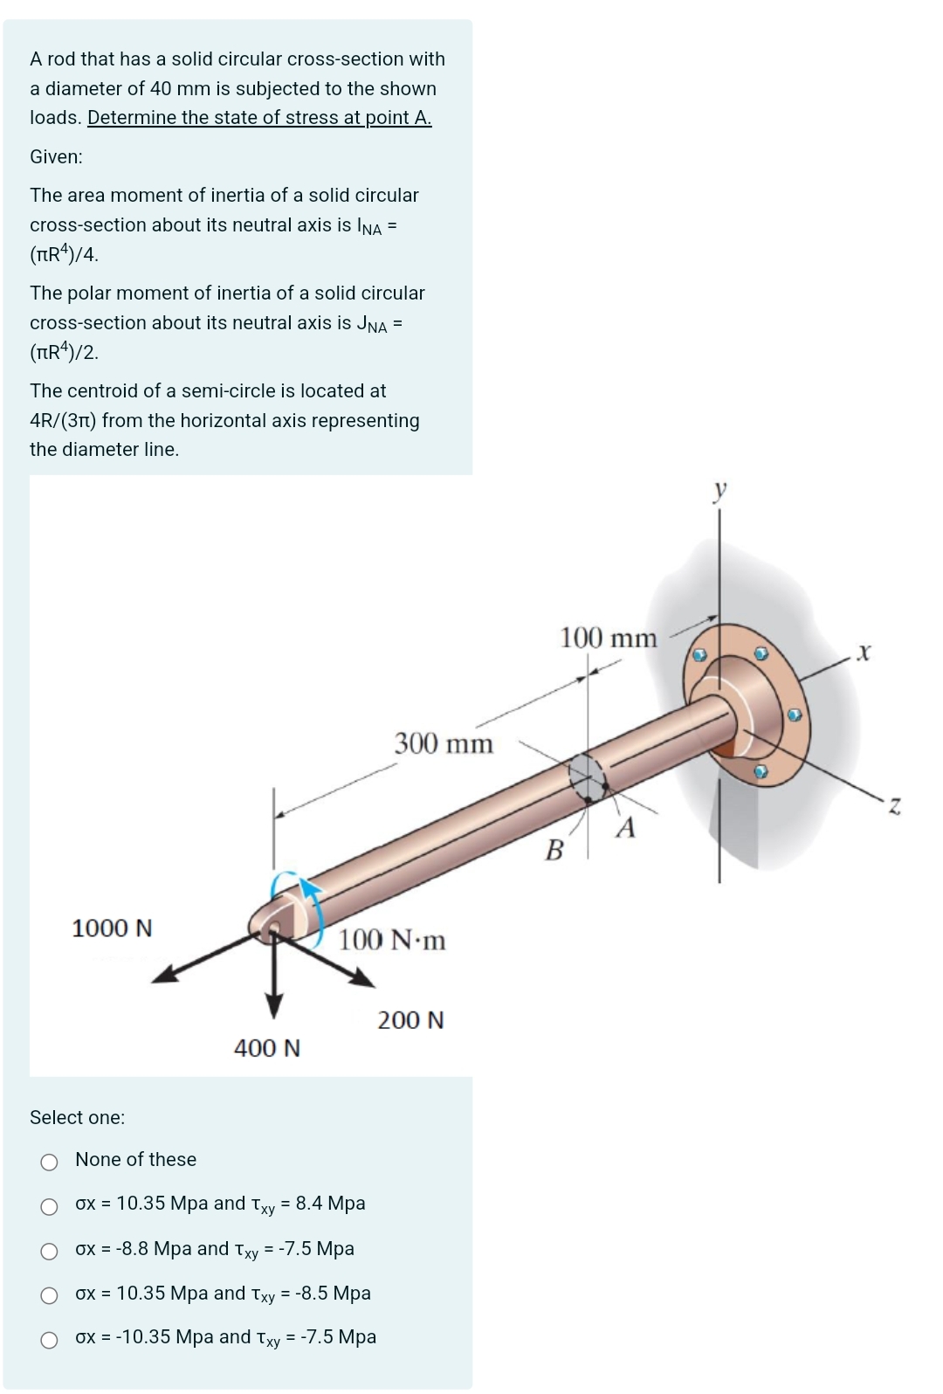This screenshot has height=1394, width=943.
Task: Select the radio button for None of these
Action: pyautogui.click(x=50, y=1162)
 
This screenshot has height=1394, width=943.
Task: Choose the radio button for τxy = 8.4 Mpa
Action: pyautogui.click(x=50, y=1207)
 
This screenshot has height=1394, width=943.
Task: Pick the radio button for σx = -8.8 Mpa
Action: pyautogui.click(x=50, y=1252)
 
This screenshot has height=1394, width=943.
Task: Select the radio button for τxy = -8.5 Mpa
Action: pyautogui.click(x=50, y=1295)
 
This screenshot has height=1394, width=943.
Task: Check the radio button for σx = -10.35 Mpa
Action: pyautogui.click(x=50, y=1340)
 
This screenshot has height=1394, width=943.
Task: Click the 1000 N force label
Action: pyautogui.click(x=112, y=928)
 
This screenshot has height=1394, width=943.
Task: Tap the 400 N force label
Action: pyautogui.click(x=267, y=1047)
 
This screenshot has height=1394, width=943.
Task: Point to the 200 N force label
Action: pyautogui.click(x=410, y=1019)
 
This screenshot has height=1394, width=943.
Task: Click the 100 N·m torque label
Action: pyautogui.click(x=392, y=940)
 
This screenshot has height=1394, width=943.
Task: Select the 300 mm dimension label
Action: pyautogui.click(x=444, y=743)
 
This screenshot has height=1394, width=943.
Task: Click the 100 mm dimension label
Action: pyautogui.click(x=608, y=638)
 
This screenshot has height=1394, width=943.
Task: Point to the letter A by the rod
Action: pyautogui.click(x=625, y=827)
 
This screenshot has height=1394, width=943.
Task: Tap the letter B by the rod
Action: pyautogui.click(x=554, y=849)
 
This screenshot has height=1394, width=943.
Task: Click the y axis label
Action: pyautogui.click(x=719, y=490)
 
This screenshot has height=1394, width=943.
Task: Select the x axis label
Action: pyautogui.click(x=864, y=652)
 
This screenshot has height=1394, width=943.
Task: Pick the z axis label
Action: pyautogui.click(x=894, y=805)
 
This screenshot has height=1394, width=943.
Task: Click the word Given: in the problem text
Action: pyautogui.click(x=57, y=157)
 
